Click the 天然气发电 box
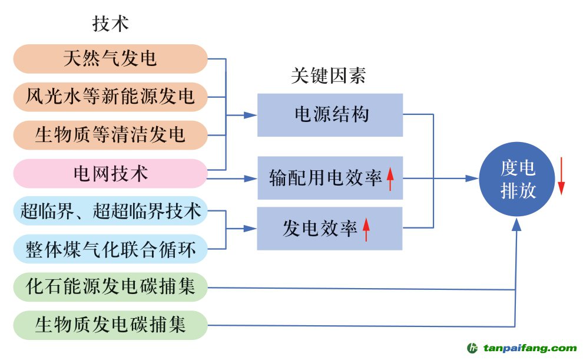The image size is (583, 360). (x=110, y=59)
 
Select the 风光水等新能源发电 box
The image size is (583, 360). (x=110, y=96)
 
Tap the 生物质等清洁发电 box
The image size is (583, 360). (x=110, y=134)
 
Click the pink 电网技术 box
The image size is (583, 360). (x=110, y=173)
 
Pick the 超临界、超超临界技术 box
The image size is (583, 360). (x=110, y=211)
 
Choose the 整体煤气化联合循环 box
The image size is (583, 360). (x=110, y=248)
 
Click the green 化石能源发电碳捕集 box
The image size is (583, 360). (x=110, y=287)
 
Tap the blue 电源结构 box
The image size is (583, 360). (x=330, y=114)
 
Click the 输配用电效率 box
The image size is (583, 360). (x=330, y=177)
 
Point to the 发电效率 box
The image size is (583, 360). (x=330, y=228)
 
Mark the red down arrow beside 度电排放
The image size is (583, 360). (x=561, y=176)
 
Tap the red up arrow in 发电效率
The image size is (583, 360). (x=366, y=229)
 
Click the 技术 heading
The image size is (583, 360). (x=110, y=24)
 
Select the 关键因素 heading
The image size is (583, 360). (x=328, y=76)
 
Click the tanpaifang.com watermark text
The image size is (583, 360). (x=530, y=348)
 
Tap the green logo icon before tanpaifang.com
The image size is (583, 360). (x=473, y=348)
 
